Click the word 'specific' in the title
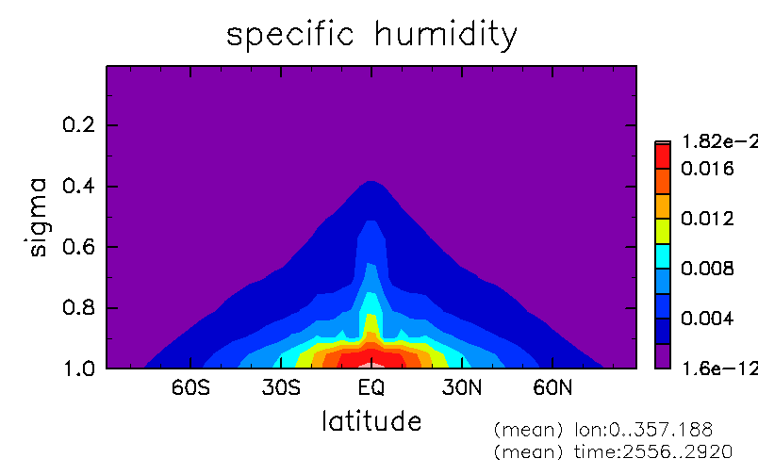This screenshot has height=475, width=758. coord(290,35)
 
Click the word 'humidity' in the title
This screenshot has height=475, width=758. coord(446,35)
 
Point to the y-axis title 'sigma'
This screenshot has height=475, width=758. coord(38,217)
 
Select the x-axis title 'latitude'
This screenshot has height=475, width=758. coord(371,421)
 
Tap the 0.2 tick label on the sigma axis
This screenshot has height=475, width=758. coord(78,124)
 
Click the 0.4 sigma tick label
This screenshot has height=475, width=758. coord(78,186)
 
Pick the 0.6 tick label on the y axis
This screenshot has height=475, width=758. coord(78,247)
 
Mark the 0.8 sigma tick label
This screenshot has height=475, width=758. coord(78,308)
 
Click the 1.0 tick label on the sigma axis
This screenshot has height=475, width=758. coord(78,369)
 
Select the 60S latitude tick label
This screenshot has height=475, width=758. coord(190,387)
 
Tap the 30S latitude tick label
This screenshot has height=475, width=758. coord(281,387)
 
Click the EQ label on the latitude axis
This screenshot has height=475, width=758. coord(371,388)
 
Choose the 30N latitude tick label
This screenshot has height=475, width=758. coord(462,387)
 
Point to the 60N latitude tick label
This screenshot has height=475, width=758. coord(552,387)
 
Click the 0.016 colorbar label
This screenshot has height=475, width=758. coord(707,169)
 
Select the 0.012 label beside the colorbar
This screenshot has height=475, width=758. coord(707,219)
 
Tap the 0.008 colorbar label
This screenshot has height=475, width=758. coord(707,269)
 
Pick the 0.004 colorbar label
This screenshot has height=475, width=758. coord(707,319)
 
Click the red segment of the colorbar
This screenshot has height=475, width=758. coord(663,156)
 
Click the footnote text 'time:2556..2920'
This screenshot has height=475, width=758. coord(653,451)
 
